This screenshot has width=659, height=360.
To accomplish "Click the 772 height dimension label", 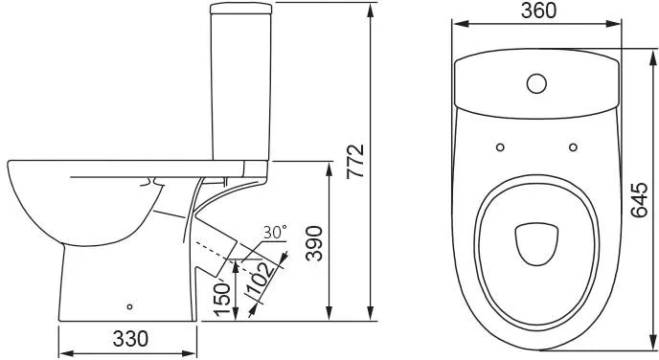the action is tap(355, 162).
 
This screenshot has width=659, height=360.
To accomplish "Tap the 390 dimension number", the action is tap(314, 243).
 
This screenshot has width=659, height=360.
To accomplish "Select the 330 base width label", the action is tap(130, 339).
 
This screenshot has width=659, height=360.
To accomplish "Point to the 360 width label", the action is tap(539, 11).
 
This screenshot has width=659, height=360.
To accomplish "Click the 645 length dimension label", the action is tap(639, 200).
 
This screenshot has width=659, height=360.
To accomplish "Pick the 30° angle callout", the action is tap(275, 232).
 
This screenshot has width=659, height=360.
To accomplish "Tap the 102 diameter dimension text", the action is tap(261, 280).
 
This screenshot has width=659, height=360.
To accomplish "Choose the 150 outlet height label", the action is tap(222, 299).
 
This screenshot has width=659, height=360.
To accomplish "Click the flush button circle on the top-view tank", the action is tap(536, 83).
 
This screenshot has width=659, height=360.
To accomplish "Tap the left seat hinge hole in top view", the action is tap(500, 147).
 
